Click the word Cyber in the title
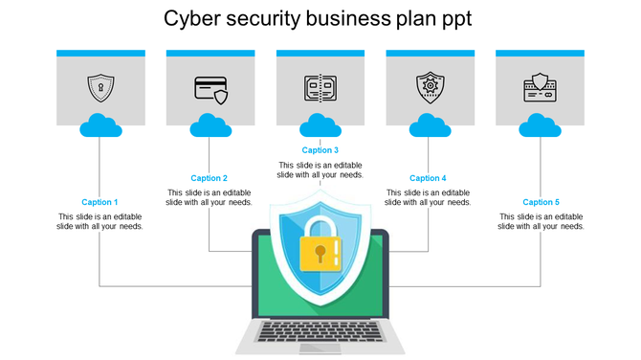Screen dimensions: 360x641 point(188,19)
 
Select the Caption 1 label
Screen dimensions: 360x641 point(99,202)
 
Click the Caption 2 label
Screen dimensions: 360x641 point(209,178)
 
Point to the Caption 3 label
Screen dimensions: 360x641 point(320,149)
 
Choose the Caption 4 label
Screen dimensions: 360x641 point(428,178)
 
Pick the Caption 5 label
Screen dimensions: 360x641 point(541,202)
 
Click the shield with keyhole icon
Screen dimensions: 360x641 point(99,87)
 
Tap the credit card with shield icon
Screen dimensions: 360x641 point(210,88)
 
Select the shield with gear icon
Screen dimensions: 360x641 point(431,87)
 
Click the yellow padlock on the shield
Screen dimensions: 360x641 point(320,252)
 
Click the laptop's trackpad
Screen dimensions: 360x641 point(320,347)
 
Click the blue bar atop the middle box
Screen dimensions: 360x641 point(320,54)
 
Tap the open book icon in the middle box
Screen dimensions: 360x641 point(320,88)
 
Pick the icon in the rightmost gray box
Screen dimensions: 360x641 point(540,87)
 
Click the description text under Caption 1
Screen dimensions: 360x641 point(99,221)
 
